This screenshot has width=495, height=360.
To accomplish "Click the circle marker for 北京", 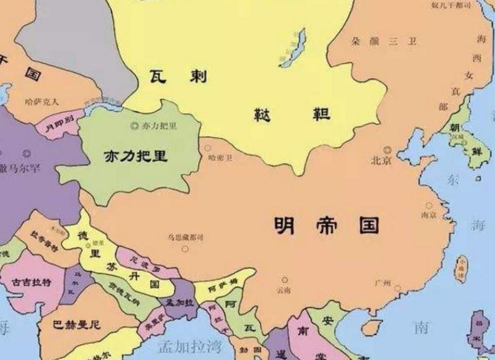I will click(387, 149).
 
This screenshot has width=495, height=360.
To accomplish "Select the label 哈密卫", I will click(221, 158).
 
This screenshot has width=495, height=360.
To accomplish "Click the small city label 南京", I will click(428, 215).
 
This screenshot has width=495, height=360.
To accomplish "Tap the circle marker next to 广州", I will click(397, 288).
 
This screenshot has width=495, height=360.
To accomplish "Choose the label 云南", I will click(284, 289).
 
